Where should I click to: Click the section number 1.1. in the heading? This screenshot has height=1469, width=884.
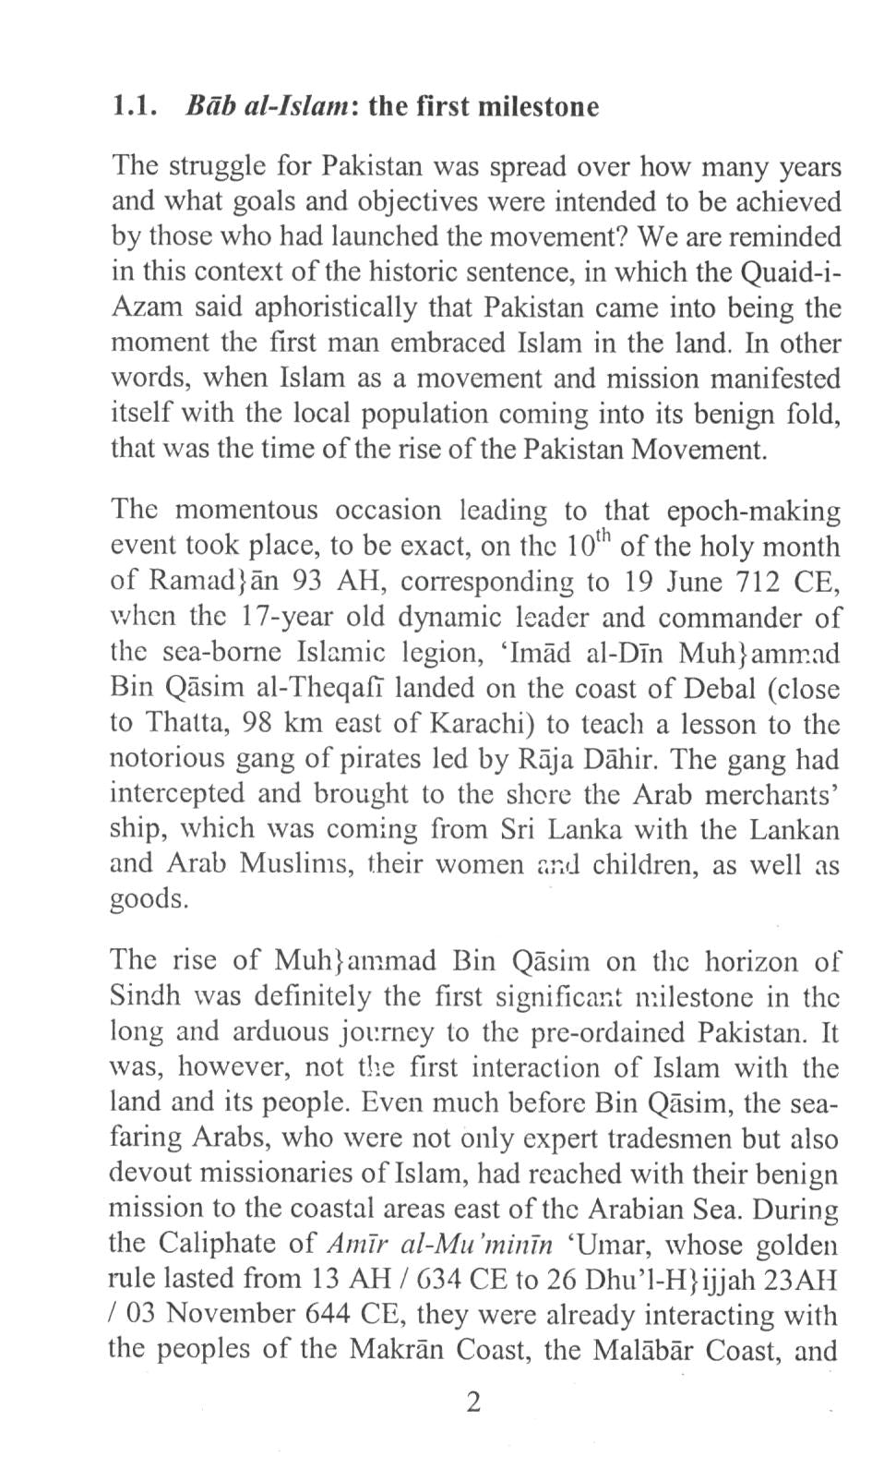coord(129,107)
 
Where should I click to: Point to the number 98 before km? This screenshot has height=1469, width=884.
coord(255,723)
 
